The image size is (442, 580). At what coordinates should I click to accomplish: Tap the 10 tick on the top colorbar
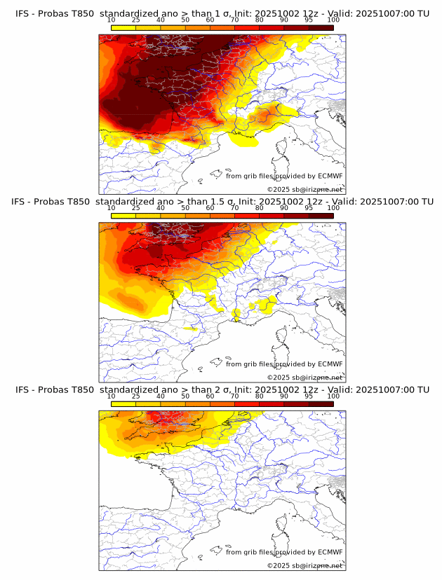coord(112,20)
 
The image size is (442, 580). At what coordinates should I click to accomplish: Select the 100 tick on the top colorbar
coord(333,20)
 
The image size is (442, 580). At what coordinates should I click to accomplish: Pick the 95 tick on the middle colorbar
coord(309,208)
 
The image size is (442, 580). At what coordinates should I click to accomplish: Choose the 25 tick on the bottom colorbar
coord(136,396)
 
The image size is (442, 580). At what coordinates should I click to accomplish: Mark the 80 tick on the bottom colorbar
coord(260,396)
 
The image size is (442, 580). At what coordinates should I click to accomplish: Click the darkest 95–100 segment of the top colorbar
coord(321,27)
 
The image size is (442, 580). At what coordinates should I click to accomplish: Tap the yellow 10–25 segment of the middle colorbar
coord(123,215)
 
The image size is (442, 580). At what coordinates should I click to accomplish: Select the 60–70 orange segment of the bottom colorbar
coord(222,403)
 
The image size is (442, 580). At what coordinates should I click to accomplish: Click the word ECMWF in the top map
coord(330,176)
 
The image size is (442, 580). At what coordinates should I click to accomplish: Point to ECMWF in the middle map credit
coord(330,364)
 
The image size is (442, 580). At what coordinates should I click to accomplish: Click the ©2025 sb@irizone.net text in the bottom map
coord(304,565)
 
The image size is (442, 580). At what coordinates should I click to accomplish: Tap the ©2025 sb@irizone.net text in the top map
coord(304,190)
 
